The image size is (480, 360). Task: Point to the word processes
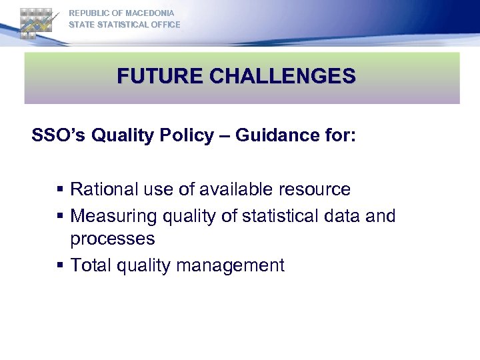tap(113, 239)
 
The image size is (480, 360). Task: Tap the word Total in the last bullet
tap(91, 265)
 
